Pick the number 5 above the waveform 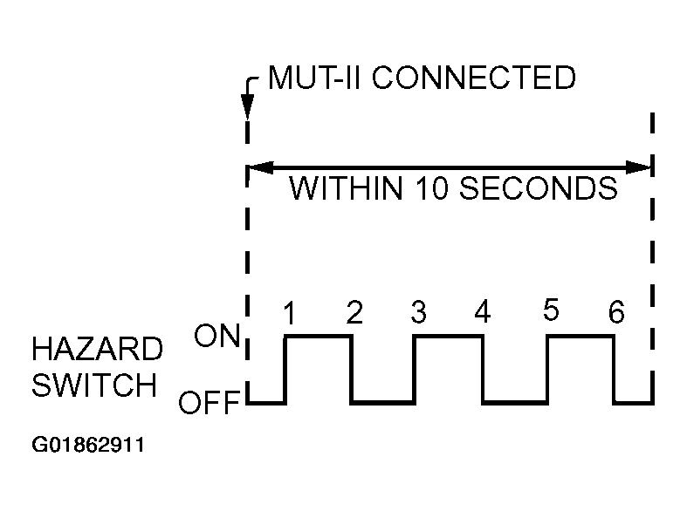pyautogui.click(x=550, y=311)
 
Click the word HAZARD pyautogui.click(x=96, y=351)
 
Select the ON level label pyautogui.click(x=216, y=337)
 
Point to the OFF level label pyautogui.click(x=210, y=405)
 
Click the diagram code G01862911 pyautogui.click(x=87, y=446)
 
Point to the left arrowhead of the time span pyautogui.click(x=258, y=166)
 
